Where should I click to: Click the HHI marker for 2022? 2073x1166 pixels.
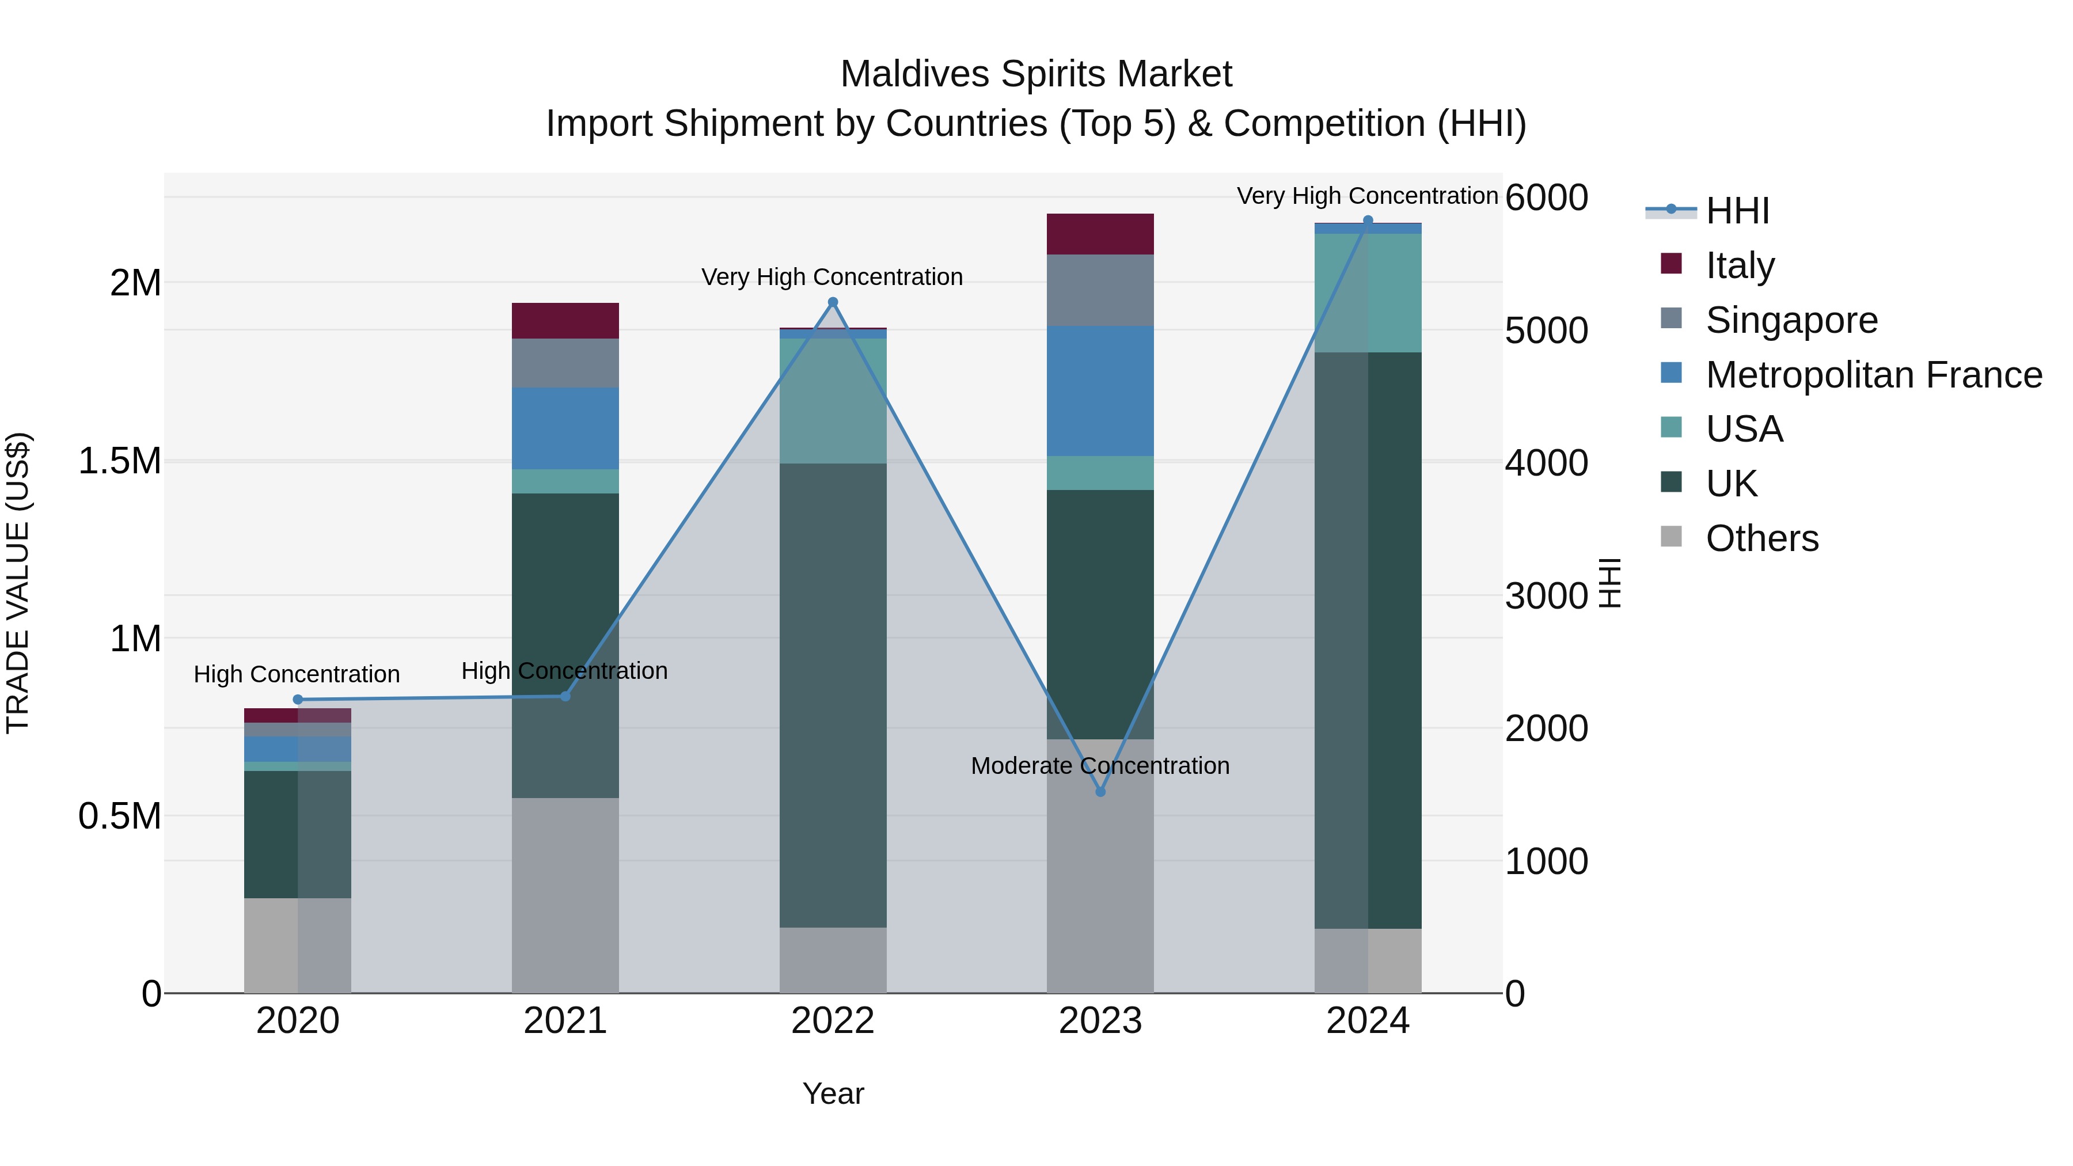click(833, 302)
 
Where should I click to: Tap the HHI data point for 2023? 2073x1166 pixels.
click(1101, 792)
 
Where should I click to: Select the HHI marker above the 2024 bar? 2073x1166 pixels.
click(1368, 221)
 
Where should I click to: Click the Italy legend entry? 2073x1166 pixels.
click(1740, 265)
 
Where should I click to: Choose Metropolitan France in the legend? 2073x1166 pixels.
click(1873, 374)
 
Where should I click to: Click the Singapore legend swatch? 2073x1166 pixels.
click(1672, 318)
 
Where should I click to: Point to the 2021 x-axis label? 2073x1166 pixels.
click(565, 1021)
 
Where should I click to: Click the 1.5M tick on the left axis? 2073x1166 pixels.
click(120, 461)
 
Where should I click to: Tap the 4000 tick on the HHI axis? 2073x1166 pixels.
click(1547, 463)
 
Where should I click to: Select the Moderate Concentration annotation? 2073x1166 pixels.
click(1100, 765)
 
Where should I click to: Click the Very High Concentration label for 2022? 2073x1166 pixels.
click(832, 277)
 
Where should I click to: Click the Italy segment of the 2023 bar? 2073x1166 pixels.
click(1100, 234)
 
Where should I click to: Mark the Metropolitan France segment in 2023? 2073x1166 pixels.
click(1100, 391)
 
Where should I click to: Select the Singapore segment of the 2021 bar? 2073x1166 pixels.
click(565, 363)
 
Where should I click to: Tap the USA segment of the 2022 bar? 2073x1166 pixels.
click(833, 401)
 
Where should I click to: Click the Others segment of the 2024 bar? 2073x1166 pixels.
click(1368, 961)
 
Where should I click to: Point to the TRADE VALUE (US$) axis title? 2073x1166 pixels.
click(18, 583)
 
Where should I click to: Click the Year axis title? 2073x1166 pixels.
click(833, 1093)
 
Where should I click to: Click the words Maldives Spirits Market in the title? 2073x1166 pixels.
click(1036, 74)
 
